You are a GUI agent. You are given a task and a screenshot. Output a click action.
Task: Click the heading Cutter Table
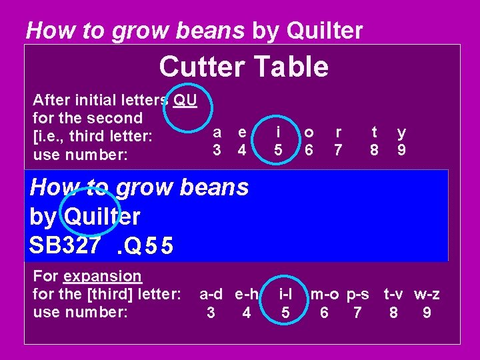tap(243, 67)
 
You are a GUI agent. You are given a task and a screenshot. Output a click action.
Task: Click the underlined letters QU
tap(184, 101)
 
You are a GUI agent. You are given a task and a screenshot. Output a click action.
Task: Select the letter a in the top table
tap(217, 133)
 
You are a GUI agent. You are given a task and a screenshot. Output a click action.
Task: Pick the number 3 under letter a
tap(217, 151)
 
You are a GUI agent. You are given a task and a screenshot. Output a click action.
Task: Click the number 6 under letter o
tap(308, 151)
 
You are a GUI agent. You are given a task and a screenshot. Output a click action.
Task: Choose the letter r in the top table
tap(339, 133)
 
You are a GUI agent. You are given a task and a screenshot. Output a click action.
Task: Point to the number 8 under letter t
tap(374, 151)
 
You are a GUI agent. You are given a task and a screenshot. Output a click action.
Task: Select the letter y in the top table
tap(401, 133)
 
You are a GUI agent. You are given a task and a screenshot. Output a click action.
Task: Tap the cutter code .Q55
tap(144, 247)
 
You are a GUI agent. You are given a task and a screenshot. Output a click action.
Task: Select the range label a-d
tap(212, 294)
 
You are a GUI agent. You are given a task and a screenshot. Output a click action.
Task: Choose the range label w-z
tap(427, 294)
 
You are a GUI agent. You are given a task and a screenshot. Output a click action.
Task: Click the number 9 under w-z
tap(427, 311)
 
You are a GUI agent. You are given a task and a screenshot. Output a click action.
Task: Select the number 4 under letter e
tap(243, 151)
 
